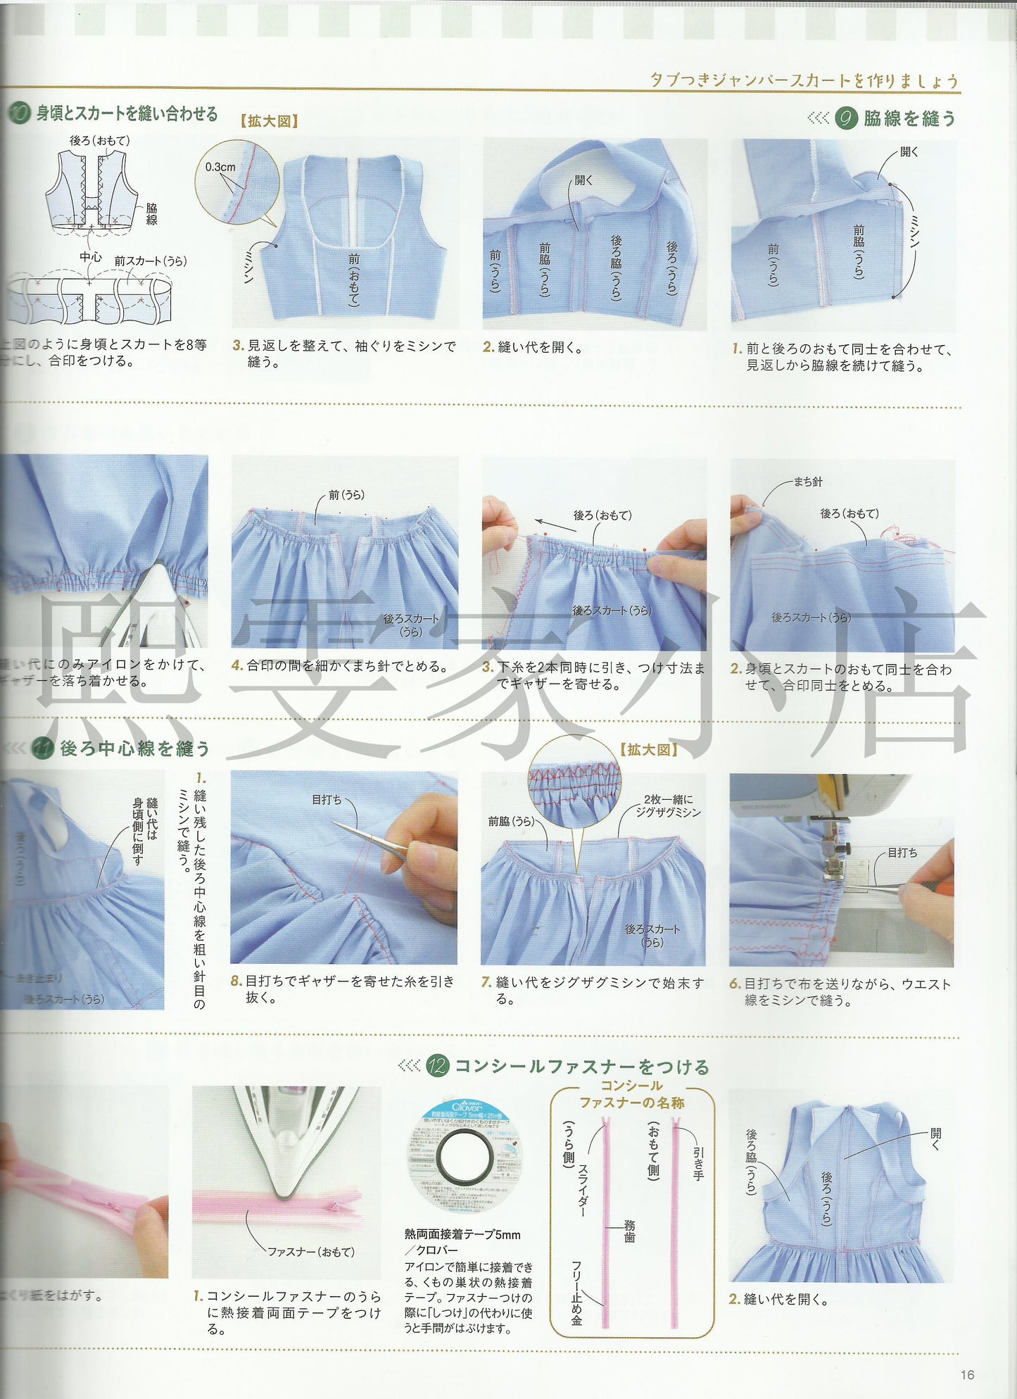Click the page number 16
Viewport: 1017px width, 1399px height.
pyautogui.click(x=967, y=1374)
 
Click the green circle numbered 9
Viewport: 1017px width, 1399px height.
pyautogui.click(x=846, y=118)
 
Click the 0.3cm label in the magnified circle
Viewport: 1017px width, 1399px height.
pyautogui.click(x=220, y=167)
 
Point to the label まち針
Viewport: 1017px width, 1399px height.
pyautogui.click(x=807, y=482)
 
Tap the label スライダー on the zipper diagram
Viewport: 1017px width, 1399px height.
pyautogui.click(x=583, y=1190)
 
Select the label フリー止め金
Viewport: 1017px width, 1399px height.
pyautogui.click(x=576, y=1293)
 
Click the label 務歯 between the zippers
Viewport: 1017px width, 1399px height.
pyautogui.click(x=629, y=1231)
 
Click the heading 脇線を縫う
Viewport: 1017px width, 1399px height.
pyautogui.click(x=909, y=118)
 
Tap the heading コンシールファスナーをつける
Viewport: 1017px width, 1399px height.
pyautogui.click(x=581, y=1066)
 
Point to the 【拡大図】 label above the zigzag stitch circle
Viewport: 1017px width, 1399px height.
pyautogui.click(x=648, y=750)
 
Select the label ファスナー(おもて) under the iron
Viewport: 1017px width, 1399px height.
pyautogui.click(x=311, y=1252)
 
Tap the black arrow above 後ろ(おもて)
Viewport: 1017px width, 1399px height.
pyautogui.click(x=555, y=525)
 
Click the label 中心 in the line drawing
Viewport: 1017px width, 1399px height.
pyautogui.click(x=90, y=257)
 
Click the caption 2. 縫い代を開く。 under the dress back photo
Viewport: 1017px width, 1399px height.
pyautogui.click(x=778, y=1299)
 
